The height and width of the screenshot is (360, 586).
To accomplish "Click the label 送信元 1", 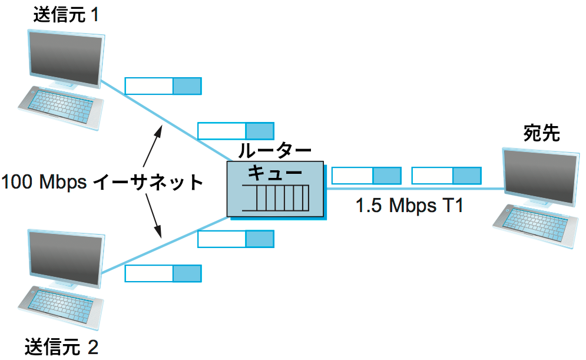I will [65, 14].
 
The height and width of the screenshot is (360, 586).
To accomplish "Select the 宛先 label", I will [541, 134].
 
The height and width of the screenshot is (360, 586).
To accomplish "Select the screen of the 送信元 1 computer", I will [65, 60].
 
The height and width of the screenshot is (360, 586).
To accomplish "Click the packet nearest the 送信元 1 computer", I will [163, 86].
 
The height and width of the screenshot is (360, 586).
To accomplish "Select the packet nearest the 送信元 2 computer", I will [163, 273].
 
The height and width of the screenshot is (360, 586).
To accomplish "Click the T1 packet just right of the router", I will [366, 176].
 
